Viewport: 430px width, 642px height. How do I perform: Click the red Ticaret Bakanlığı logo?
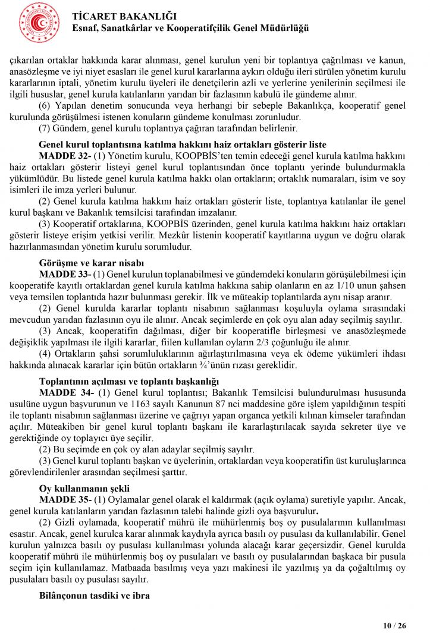pos(39,23)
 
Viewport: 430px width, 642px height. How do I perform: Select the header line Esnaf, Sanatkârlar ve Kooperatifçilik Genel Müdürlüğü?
pos(190,28)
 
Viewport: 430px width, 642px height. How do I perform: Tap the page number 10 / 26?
pos(394,625)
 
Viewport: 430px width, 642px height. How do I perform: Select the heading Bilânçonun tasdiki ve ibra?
pos(95,595)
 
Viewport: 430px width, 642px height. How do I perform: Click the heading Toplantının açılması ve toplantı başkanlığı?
pos(129,381)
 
